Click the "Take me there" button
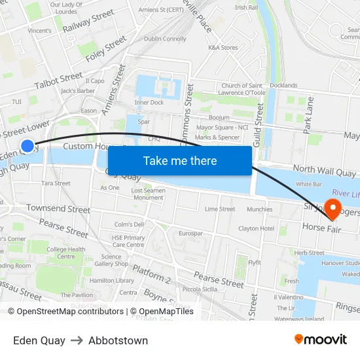(179, 160)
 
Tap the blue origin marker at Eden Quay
(27, 146)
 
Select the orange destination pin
(333, 209)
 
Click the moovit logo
(320, 339)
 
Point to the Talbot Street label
(58, 81)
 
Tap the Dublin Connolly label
(165, 39)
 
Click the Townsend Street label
(58, 209)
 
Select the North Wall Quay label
(324, 170)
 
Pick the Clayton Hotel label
(256, 228)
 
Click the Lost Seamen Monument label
(148, 194)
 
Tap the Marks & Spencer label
(217, 137)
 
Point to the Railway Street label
(88, 20)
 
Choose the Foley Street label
(106, 48)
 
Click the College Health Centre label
(65, 253)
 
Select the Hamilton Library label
(112, 280)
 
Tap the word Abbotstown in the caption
(118, 340)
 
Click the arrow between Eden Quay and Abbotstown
(77, 340)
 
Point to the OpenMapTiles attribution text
(162, 312)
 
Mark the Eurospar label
(190, 233)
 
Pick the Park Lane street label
(309, 115)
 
